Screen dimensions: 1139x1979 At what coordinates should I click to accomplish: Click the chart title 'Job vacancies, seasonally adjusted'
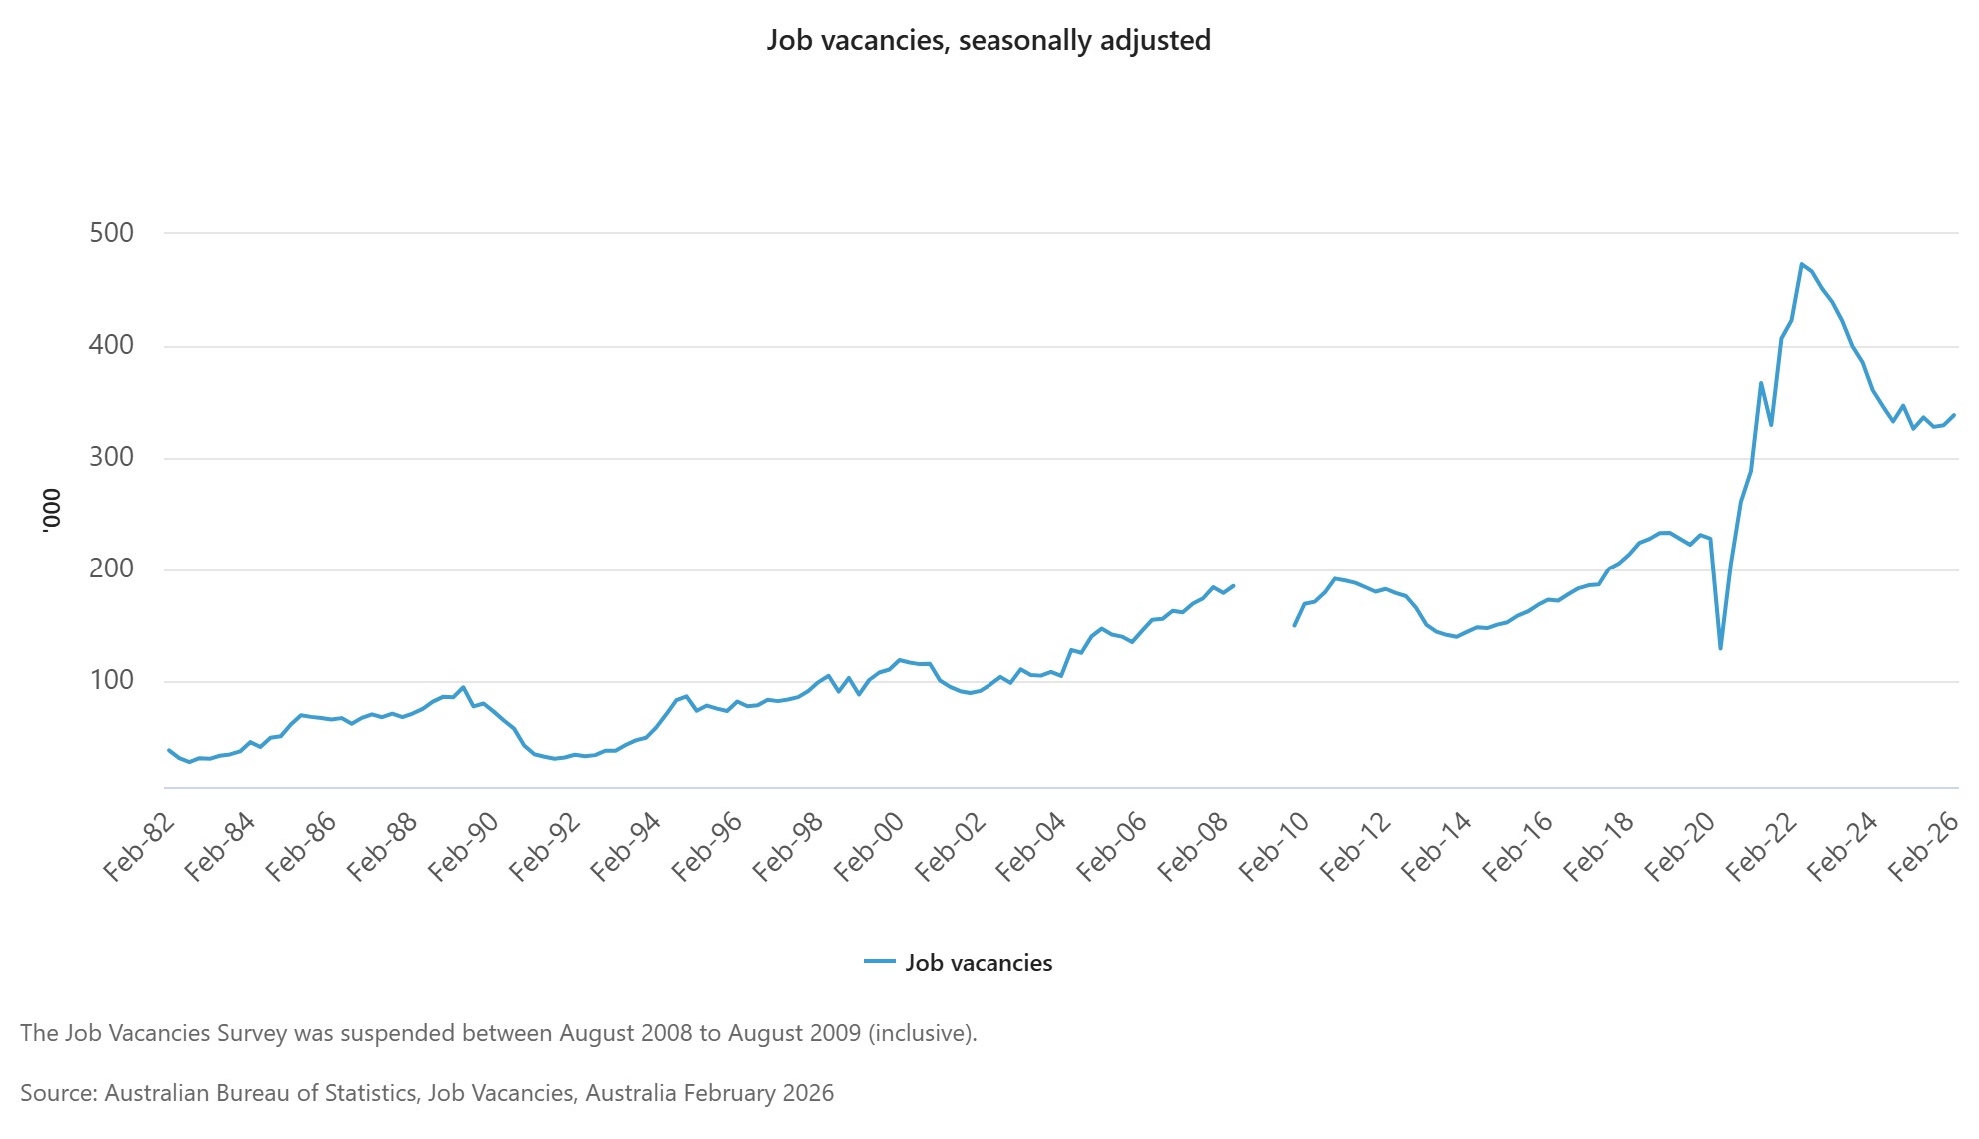pyautogui.click(x=989, y=40)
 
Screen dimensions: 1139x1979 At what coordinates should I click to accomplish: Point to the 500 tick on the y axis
pyautogui.click(x=111, y=233)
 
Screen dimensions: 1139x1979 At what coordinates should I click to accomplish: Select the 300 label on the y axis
pyautogui.click(x=111, y=457)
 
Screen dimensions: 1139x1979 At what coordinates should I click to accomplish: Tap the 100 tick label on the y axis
pyautogui.click(x=111, y=680)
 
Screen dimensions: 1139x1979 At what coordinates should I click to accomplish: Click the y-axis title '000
pyautogui.click(x=51, y=511)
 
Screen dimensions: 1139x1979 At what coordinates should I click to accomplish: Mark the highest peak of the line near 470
pyautogui.click(x=1801, y=264)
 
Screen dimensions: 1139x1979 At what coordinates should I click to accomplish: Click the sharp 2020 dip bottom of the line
pyautogui.click(x=1720, y=648)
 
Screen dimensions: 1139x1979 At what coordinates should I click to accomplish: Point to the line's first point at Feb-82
pyautogui.click(x=169, y=750)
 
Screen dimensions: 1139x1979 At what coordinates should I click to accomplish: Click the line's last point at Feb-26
pyautogui.click(x=1954, y=415)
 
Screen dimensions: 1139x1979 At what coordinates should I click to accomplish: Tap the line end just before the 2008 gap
pyautogui.click(x=1234, y=585)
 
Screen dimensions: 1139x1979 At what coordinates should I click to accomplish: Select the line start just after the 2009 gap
pyautogui.click(x=1294, y=626)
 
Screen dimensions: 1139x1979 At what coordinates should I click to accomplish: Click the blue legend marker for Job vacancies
pyautogui.click(x=879, y=962)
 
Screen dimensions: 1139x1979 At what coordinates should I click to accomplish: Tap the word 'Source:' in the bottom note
pyautogui.click(x=58, y=1093)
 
